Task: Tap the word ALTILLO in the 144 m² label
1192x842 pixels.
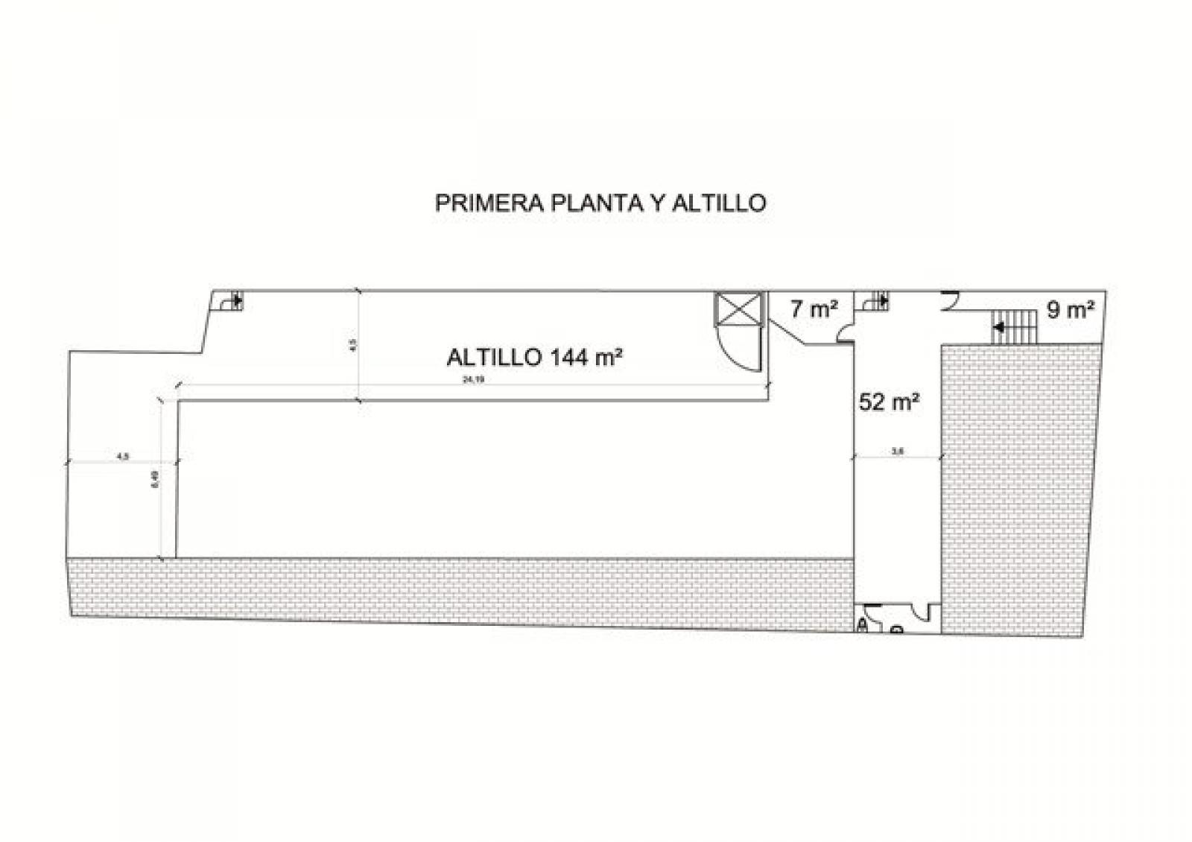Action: (494, 358)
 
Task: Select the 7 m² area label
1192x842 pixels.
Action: (814, 308)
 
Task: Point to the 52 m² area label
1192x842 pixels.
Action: (889, 402)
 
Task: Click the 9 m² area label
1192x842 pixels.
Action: (1071, 310)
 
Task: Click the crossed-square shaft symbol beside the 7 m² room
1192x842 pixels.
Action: (739, 309)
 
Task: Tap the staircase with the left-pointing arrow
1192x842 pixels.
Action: (1014, 327)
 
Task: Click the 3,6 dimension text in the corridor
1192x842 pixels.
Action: (897, 450)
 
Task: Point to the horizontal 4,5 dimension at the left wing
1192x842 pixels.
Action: (123, 456)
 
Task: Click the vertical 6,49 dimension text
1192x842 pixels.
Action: (155, 478)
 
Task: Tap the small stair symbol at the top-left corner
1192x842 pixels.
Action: (229, 302)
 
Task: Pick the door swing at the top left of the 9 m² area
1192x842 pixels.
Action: (949, 300)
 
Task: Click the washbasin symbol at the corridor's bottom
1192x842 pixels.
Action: (897, 630)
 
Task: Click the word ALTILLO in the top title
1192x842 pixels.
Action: (719, 203)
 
